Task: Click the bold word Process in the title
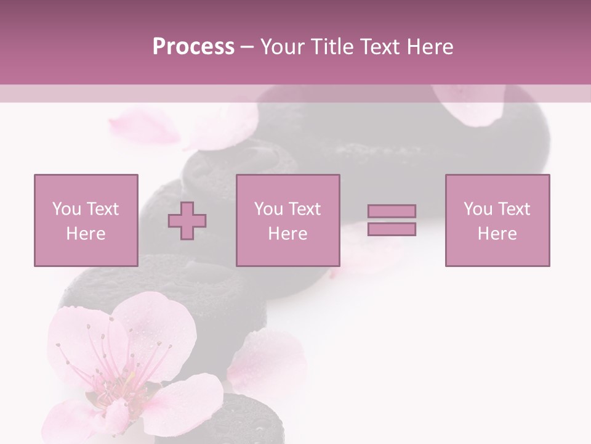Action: [x=193, y=47]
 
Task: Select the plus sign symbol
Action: [x=187, y=220]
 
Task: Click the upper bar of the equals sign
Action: [x=392, y=211]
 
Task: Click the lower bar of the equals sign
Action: [x=392, y=229]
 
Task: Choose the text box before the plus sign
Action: [x=86, y=220]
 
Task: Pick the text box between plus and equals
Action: [x=287, y=220]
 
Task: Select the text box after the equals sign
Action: [x=497, y=220]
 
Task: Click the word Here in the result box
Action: [x=497, y=234]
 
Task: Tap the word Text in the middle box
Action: [x=304, y=209]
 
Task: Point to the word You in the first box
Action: [x=66, y=209]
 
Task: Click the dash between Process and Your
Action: [x=247, y=47]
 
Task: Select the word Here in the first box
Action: [x=86, y=234]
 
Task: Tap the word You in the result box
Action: [x=478, y=209]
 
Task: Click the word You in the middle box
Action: [x=268, y=209]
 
